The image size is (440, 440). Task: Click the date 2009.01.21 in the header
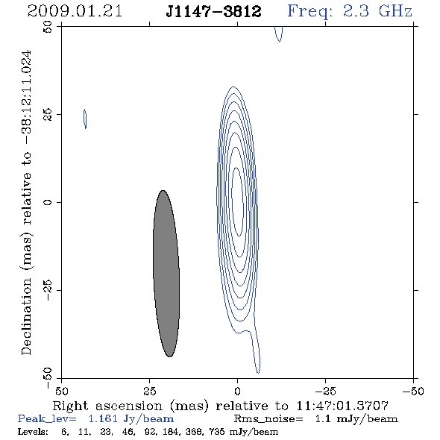[75, 11]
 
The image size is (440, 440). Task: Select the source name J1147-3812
[213, 12]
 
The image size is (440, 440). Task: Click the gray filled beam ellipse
[166, 274]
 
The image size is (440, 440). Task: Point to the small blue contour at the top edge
[279, 34]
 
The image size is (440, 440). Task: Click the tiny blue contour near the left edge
[85, 119]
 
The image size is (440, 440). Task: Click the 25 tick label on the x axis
[149, 392]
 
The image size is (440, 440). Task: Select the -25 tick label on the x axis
[325, 392]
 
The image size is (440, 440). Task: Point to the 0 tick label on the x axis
[237, 392]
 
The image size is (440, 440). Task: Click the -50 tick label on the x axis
[413, 392]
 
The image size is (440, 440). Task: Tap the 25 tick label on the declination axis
[48, 115]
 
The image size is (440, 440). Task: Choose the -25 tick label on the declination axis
[48, 290]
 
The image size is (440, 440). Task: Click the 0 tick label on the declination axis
[48, 202]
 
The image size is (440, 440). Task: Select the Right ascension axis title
[220, 406]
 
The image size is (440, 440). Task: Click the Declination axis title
[26, 202]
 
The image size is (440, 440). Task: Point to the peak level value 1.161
[103, 419]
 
